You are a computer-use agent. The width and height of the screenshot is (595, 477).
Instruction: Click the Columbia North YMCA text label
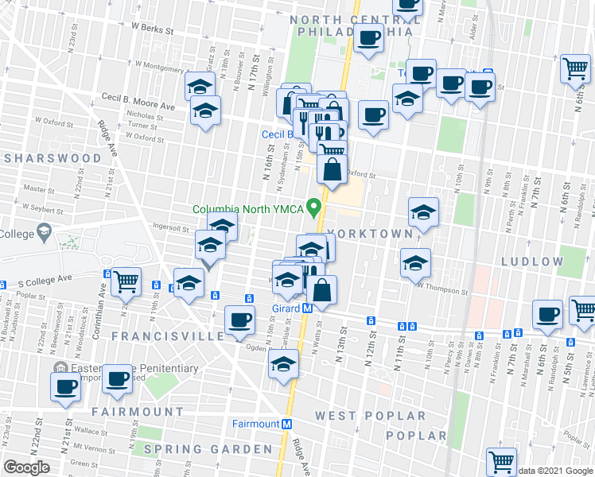tap(249, 210)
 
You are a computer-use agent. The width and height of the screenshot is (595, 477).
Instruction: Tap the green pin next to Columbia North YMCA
tap(316, 208)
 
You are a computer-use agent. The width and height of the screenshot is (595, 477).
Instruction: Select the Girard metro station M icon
tap(307, 308)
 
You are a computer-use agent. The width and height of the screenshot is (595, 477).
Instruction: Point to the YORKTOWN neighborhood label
tap(369, 234)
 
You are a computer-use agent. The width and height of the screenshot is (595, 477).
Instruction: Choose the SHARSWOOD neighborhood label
tap(53, 158)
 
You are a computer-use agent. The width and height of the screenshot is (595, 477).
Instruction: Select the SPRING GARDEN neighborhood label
tap(208, 450)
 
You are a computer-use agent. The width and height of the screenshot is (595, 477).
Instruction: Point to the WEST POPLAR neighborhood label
tap(370, 416)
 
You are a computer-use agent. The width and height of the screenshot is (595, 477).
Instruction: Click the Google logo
tap(27, 467)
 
